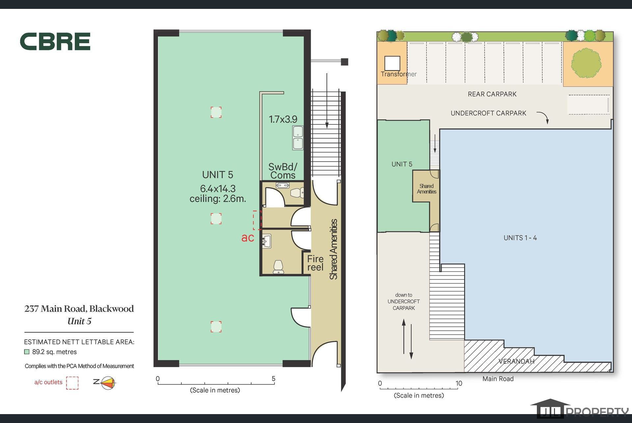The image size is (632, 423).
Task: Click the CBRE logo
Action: click(55, 41)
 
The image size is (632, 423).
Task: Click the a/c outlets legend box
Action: click(72, 383)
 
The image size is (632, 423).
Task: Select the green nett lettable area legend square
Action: click(27, 352)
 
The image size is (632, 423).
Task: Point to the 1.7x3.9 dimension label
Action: click(283, 119)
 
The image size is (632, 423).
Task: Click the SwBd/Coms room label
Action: click(283, 171)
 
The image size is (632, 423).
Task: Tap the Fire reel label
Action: click(315, 263)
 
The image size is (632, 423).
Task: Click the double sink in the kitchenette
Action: click(298, 138)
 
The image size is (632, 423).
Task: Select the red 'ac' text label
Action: click(248, 238)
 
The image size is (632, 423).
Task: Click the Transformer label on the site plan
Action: click(399, 74)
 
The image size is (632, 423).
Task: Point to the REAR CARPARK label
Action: click(492, 94)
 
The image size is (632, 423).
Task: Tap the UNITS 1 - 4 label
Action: click(520, 238)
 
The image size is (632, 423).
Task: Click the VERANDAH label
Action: click(516, 361)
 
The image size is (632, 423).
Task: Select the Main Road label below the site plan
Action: click(498, 379)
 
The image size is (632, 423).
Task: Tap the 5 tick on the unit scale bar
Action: click(274, 382)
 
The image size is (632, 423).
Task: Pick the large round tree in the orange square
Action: click(586, 63)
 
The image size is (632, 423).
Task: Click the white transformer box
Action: click(392, 63)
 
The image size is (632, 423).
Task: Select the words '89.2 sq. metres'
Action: click(54, 352)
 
